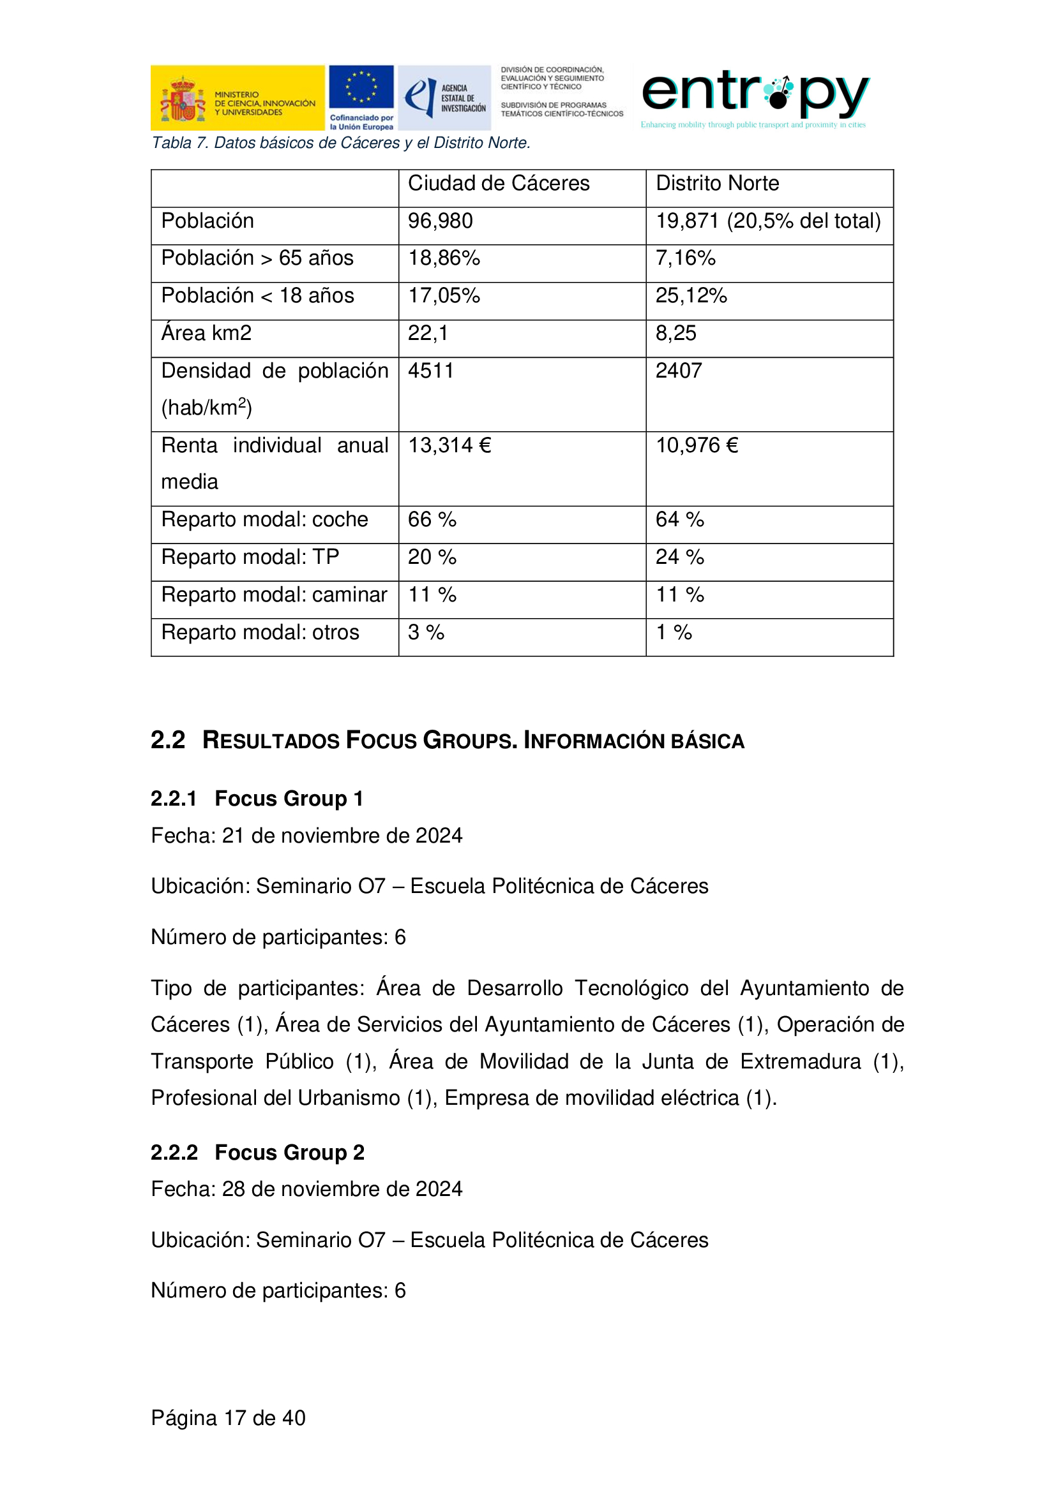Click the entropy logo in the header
[x=754, y=94]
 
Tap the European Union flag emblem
[x=361, y=87]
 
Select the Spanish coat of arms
[x=183, y=100]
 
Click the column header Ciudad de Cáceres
[x=498, y=183]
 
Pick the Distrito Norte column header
[x=716, y=183]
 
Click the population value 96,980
[x=441, y=221]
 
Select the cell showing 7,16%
[x=684, y=258]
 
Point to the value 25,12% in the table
[x=691, y=296]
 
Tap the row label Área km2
[x=206, y=334]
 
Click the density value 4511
[x=430, y=371]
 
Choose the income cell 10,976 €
[x=697, y=445]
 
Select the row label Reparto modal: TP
[x=250, y=557]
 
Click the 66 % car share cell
[x=432, y=519]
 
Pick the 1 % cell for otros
[x=674, y=632]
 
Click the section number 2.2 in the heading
[x=168, y=740]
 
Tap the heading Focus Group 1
[x=289, y=798]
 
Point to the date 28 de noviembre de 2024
[x=342, y=1188]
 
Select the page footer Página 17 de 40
[x=227, y=1417]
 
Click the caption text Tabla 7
[x=179, y=143]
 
